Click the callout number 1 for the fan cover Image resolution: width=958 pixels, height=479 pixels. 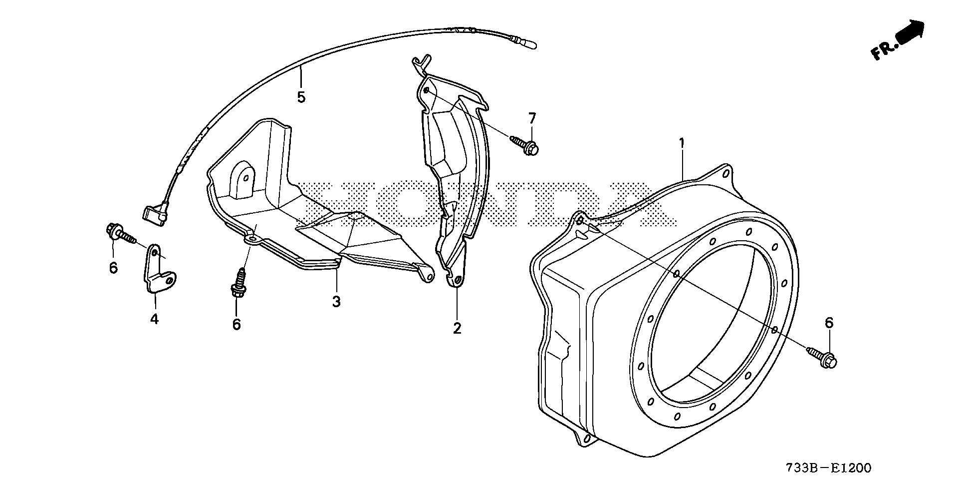pyautogui.click(x=681, y=143)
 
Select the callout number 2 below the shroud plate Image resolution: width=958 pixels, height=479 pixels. pyautogui.click(x=457, y=328)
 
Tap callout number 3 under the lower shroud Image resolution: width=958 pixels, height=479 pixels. pyautogui.click(x=336, y=302)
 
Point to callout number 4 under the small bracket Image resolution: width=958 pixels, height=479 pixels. pyautogui.click(x=154, y=318)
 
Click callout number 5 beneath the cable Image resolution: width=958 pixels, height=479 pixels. pyautogui.click(x=301, y=97)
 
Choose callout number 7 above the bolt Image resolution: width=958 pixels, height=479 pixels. pyautogui.click(x=532, y=119)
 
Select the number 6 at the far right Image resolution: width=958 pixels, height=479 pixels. pyautogui.click(x=829, y=323)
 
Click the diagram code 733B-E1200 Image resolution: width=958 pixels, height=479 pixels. pyautogui.click(x=828, y=468)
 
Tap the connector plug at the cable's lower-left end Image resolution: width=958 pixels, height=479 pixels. pyautogui.click(x=155, y=213)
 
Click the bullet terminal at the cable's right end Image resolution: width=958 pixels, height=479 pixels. pyautogui.click(x=529, y=44)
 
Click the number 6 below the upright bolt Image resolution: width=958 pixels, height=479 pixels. pyautogui.click(x=237, y=325)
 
